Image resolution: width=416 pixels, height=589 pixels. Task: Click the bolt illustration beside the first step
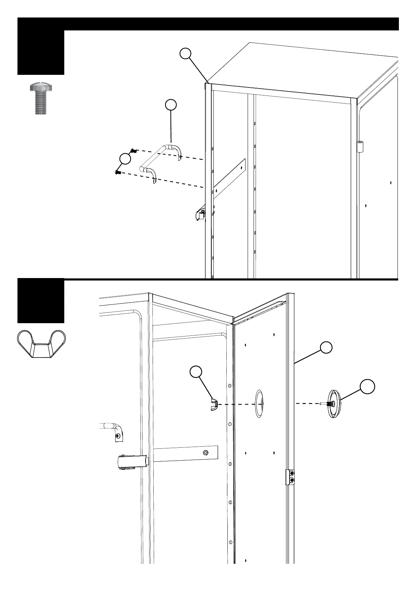click(41, 98)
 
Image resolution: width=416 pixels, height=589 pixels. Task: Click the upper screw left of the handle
click(133, 151)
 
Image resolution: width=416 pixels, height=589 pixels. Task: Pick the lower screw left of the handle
click(118, 172)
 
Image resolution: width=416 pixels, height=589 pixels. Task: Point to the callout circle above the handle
click(170, 105)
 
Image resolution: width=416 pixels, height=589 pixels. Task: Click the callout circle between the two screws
click(125, 158)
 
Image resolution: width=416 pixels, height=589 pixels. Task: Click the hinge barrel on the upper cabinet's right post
click(360, 146)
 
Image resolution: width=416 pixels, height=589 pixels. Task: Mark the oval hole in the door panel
click(260, 404)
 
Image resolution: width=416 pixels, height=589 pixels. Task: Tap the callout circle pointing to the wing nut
click(196, 372)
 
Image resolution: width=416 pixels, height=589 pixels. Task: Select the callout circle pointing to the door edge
click(326, 347)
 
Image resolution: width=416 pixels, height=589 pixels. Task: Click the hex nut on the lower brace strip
click(205, 452)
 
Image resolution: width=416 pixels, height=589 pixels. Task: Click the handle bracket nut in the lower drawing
click(119, 436)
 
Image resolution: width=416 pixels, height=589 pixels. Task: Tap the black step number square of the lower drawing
click(41, 301)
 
